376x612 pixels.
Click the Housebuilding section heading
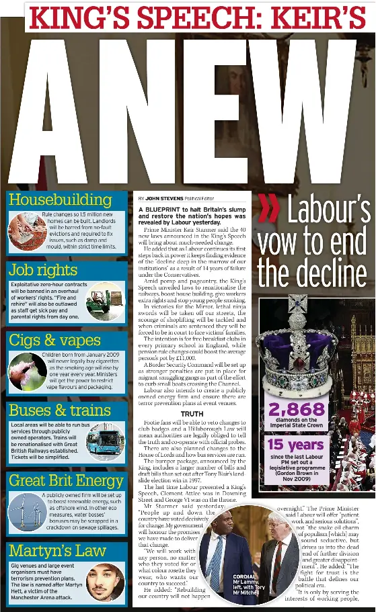click(x=60, y=200)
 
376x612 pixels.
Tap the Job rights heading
click(x=43, y=270)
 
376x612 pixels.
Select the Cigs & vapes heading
click(x=55, y=341)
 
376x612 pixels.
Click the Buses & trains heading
click(x=60, y=410)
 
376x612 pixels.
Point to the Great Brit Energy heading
click(x=66, y=481)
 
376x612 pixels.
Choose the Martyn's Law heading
click(x=57, y=552)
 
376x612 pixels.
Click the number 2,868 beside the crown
click(x=297, y=410)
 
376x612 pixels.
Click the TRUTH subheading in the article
click(x=192, y=414)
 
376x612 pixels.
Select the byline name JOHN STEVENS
click(x=164, y=200)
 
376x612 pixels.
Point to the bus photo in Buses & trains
click(x=106, y=441)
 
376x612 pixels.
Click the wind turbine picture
click(x=27, y=511)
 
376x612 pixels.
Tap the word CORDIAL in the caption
click(x=243, y=577)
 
